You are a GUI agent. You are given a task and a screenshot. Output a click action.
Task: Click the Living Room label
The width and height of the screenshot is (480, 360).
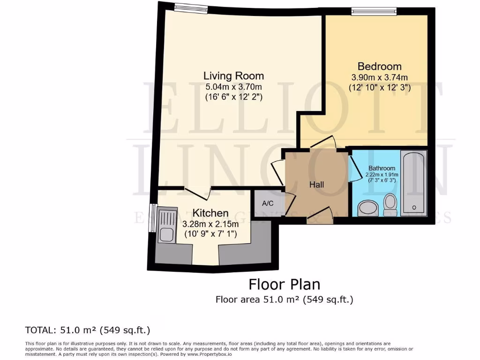click(233, 75)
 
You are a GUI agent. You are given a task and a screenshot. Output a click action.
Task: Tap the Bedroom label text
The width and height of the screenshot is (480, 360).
click(379, 66)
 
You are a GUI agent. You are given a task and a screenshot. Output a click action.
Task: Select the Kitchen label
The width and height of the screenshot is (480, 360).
click(210, 213)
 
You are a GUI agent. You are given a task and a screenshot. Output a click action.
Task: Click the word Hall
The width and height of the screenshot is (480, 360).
click(316, 185)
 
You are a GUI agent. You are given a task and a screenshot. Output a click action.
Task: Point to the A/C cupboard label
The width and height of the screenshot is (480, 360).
click(268, 203)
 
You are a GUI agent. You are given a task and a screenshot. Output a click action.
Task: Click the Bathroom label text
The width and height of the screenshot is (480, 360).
click(382, 168)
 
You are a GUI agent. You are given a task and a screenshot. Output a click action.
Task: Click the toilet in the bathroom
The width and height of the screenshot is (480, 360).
click(390, 204)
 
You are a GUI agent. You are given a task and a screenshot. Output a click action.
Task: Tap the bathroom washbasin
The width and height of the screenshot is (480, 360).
click(368, 208)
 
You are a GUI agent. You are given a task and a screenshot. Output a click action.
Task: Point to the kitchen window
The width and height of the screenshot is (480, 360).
click(151, 217)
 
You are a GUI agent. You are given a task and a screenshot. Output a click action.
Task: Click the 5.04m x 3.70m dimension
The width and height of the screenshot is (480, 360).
click(233, 87)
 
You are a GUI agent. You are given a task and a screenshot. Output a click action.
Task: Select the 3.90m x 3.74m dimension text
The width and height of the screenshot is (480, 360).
click(380, 77)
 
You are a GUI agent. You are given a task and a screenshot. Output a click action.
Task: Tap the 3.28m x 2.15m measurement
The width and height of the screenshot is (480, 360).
click(210, 224)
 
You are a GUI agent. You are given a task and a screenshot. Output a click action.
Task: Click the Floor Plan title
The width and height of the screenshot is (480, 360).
click(284, 285)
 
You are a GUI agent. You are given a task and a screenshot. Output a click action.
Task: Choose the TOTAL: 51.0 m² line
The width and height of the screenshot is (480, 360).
click(87, 330)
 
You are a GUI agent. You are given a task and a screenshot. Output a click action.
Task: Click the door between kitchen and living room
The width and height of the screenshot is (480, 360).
click(197, 192)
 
